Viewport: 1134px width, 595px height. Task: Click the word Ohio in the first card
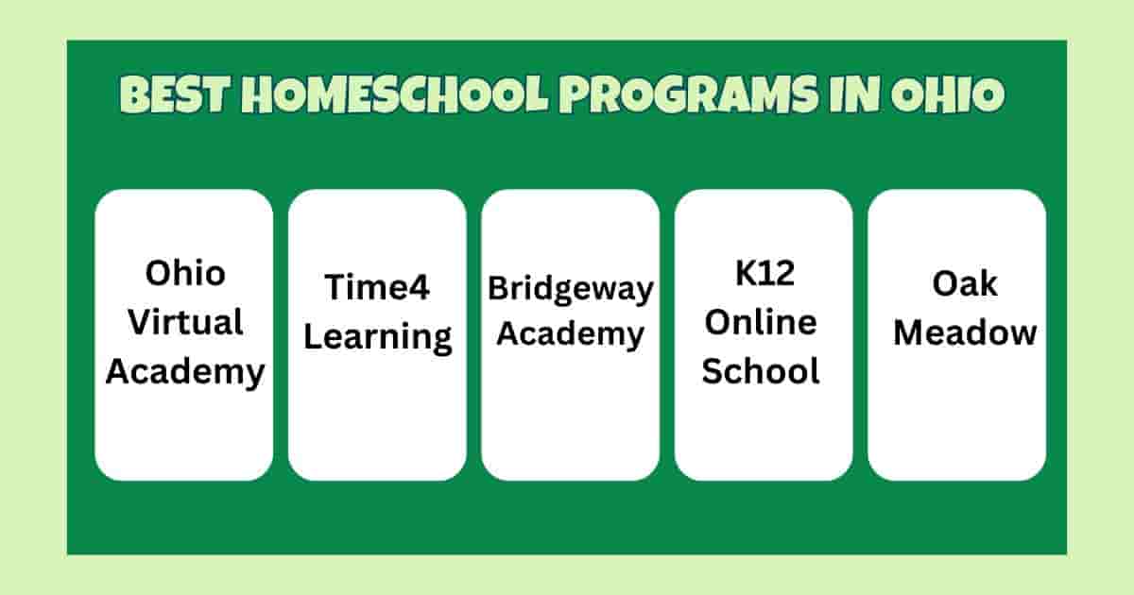tap(184, 274)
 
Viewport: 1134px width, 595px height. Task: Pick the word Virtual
tap(184, 322)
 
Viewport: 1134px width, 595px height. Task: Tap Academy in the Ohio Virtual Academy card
tap(184, 371)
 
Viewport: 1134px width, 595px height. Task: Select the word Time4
tap(377, 287)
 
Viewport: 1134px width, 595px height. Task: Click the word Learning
tap(377, 336)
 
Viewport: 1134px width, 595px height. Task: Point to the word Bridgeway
tap(570, 288)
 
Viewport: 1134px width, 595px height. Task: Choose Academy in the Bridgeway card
tap(570, 333)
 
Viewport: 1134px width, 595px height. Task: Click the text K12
tap(763, 274)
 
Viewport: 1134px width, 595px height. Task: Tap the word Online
tap(763, 322)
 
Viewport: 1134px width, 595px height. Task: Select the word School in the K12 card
tap(763, 371)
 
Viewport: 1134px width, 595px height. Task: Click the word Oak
tap(956, 283)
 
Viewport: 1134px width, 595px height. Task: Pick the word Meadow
tap(956, 332)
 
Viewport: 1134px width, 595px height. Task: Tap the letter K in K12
tap(745, 274)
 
